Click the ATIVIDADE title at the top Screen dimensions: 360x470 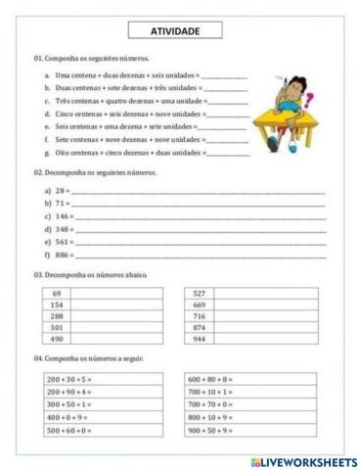179,30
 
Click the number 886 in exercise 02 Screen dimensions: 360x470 64,254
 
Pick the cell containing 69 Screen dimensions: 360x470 57,294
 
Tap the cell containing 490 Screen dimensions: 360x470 57,339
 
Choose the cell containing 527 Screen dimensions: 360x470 200,294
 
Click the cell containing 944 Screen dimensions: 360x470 200,339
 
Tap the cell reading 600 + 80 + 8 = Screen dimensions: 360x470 209,378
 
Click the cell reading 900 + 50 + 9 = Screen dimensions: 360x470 209,430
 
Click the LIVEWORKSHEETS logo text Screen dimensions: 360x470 308,460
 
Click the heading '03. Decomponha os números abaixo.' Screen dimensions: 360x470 90,274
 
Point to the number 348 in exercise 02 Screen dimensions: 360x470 64,228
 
